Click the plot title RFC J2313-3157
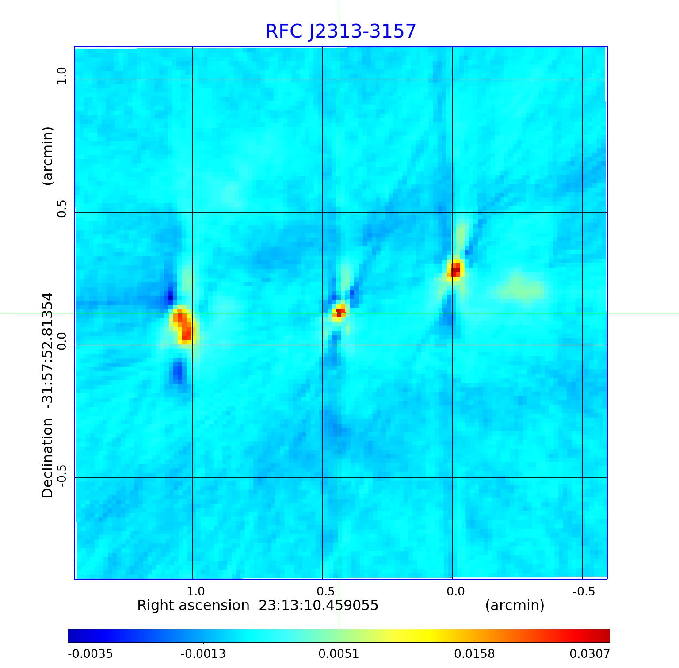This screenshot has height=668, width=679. pos(340,31)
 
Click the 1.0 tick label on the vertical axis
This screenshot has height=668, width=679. pos(61,76)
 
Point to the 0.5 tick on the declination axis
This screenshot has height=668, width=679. pos(61,209)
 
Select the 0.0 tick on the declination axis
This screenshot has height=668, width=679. pos(61,341)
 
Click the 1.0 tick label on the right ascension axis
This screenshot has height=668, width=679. pos(195,591)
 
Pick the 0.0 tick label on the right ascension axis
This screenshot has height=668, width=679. pos(455,591)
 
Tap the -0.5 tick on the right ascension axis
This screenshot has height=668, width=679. pos(584,591)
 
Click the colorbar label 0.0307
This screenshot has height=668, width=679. pos(589,653)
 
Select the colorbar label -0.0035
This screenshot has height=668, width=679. pos(90,653)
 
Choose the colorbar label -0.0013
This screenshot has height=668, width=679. pos(203,653)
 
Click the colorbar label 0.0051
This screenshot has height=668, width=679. pos(339,653)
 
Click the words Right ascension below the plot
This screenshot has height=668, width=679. pos(193,605)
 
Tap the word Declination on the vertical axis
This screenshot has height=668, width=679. pos(47,458)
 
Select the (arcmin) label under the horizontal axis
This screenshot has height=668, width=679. pos(515,605)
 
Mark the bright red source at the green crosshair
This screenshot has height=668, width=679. pos(339,312)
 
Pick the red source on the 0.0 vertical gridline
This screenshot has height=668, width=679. pos(454,269)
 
